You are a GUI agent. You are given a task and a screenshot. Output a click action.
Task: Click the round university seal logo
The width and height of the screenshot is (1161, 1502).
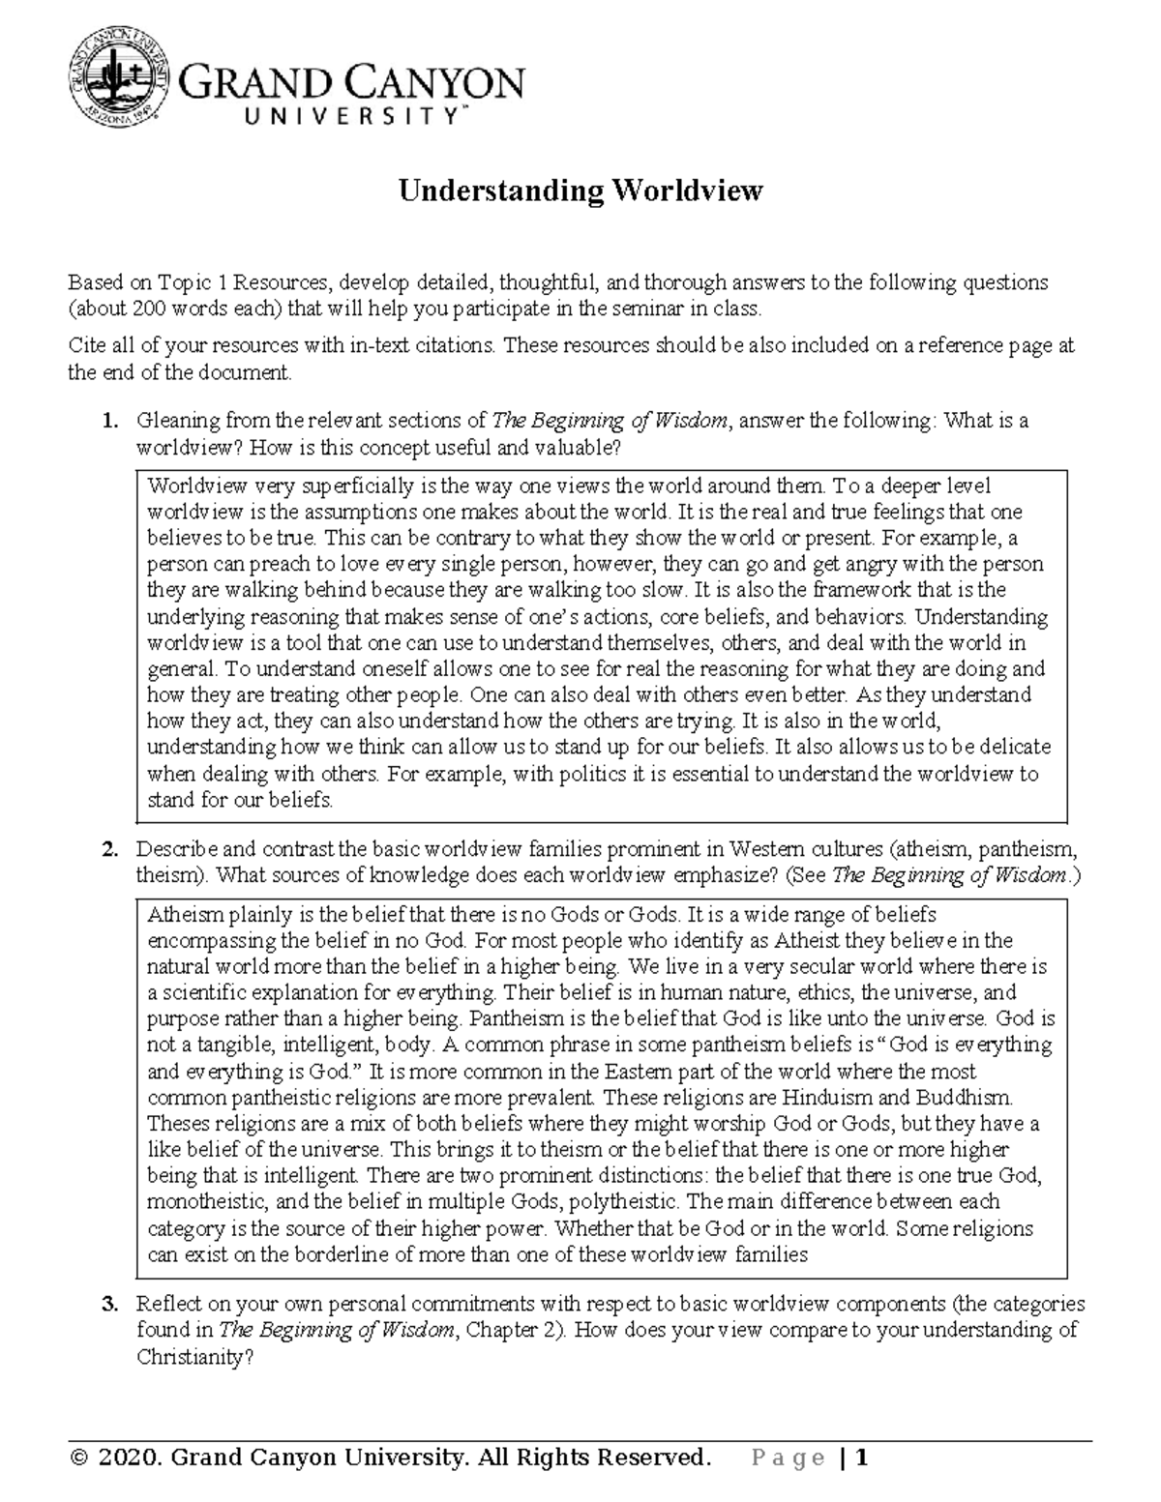point(119,80)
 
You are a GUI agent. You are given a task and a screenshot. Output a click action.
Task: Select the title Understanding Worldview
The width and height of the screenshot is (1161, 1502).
point(581,191)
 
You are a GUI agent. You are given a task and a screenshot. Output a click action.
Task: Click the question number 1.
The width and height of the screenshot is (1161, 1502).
point(111,421)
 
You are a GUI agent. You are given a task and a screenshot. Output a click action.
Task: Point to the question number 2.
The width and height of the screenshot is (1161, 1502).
point(111,850)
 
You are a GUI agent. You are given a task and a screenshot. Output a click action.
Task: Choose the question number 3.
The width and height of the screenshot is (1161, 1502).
point(111,1304)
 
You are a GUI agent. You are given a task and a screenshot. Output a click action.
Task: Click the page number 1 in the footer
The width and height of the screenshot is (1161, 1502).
point(862,1457)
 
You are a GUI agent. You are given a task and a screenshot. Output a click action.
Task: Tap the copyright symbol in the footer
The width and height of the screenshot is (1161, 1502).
point(76,1457)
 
